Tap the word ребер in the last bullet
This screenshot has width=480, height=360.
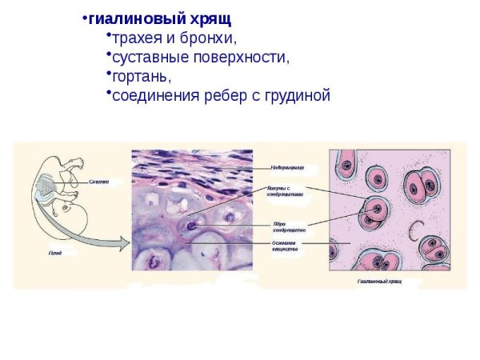[x=220, y=96]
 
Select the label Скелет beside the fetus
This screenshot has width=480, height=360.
[x=98, y=182]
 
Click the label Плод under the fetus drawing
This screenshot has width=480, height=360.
[x=54, y=252]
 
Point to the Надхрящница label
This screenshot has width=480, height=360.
[x=287, y=168]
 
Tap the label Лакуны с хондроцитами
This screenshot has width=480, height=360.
[x=285, y=192]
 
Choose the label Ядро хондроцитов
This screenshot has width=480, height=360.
[x=289, y=227]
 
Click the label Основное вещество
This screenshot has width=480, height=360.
[x=286, y=246]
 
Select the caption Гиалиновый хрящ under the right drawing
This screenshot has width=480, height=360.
[x=379, y=282]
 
